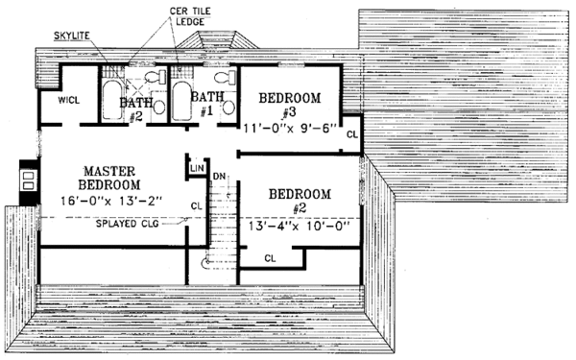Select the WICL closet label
coord(68,100)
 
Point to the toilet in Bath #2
coord(151,79)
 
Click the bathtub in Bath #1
coord(180,99)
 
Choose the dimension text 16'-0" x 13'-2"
coord(106,201)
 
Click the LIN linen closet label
coord(197,169)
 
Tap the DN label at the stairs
coord(219,176)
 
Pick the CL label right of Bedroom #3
coord(352,134)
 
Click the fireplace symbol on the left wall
coord(29,181)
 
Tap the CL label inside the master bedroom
coord(196,204)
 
